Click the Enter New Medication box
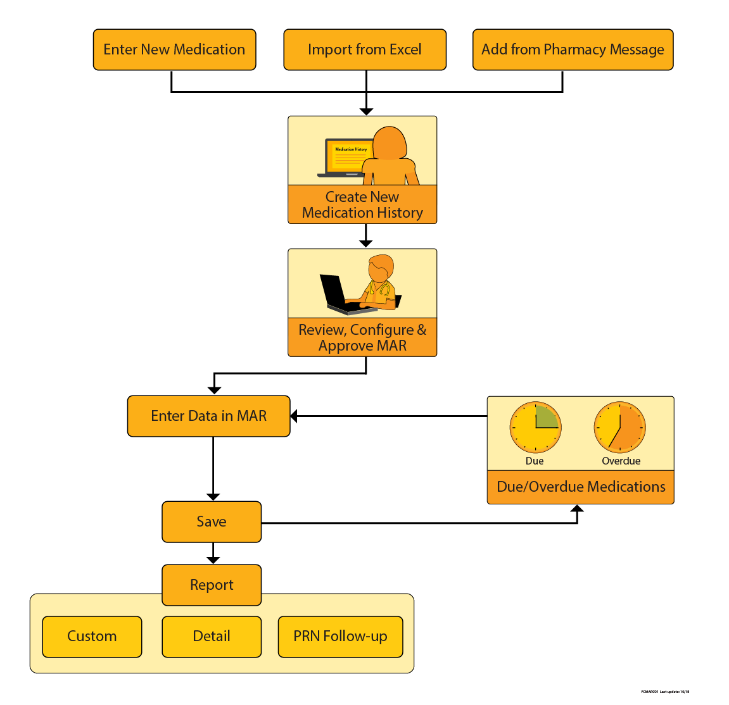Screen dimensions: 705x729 pos(174,49)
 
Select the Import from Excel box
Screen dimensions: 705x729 pos(365,49)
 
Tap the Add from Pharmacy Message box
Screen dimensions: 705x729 pos(573,49)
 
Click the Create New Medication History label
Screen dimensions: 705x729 pos(362,204)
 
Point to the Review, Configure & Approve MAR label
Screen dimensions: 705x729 pos(362,337)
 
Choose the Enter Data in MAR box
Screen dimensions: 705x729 pos(208,416)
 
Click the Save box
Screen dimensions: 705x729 pos(212,521)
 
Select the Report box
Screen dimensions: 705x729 pos(212,585)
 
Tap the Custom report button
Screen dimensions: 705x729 pos(92,636)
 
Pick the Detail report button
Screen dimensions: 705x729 pos(212,636)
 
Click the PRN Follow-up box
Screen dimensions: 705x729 pos(340,636)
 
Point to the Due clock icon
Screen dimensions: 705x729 pos(536,427)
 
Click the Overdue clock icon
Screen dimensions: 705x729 pos(619,427)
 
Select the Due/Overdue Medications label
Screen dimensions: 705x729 pos(581,487)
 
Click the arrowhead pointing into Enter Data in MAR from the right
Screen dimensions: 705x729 pos(295,416)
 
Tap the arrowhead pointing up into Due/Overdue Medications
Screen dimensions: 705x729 pos(577,509)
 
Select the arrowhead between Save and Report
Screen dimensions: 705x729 pos(213,560)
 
